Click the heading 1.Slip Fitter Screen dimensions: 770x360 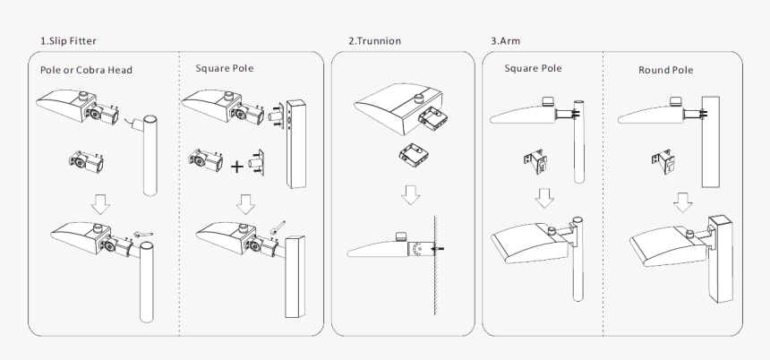pos(68,41)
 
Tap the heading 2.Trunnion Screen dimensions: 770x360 pos(374,41)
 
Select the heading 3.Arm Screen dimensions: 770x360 pos(505,41)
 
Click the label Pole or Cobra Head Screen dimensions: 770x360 pos(87,70)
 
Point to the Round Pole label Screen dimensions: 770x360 pos(666,70)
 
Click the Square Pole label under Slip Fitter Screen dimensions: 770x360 pos(225,68)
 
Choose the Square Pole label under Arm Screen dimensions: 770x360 pos(534,68)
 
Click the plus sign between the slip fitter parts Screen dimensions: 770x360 pos(236,167)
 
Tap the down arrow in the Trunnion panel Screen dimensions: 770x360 pos(411,195)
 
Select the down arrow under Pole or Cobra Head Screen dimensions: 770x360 pos(100,204)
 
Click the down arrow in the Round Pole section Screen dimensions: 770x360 pos(682,202)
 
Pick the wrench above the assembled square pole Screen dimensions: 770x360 pos(278,227)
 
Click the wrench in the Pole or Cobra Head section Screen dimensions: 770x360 pos(143,235)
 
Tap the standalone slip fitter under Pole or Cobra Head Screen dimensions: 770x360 pos(87,161)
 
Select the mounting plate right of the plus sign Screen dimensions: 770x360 pos(256,162)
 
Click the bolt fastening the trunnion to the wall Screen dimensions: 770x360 pos(438,249)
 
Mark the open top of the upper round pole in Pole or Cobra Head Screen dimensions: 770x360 pos(150,120)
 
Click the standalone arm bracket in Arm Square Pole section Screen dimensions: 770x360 pos(535,161)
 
